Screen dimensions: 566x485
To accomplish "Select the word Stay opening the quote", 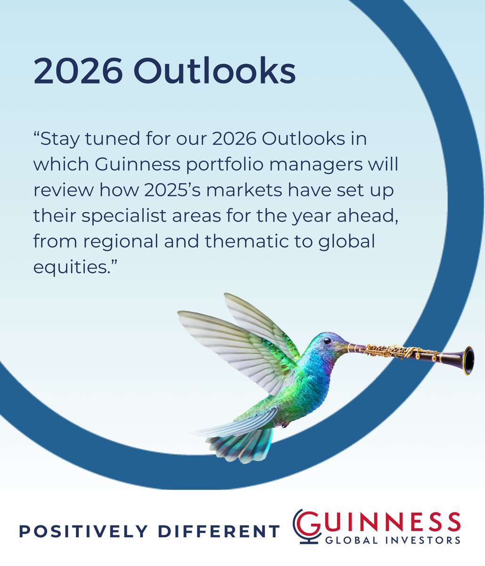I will click(x=60, y=140).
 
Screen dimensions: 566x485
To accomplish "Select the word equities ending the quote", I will click(x=72, y=267).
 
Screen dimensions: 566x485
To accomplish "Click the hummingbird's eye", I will click(x=326, y=341).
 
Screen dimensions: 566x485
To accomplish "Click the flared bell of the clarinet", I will click(x=468, y=360).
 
